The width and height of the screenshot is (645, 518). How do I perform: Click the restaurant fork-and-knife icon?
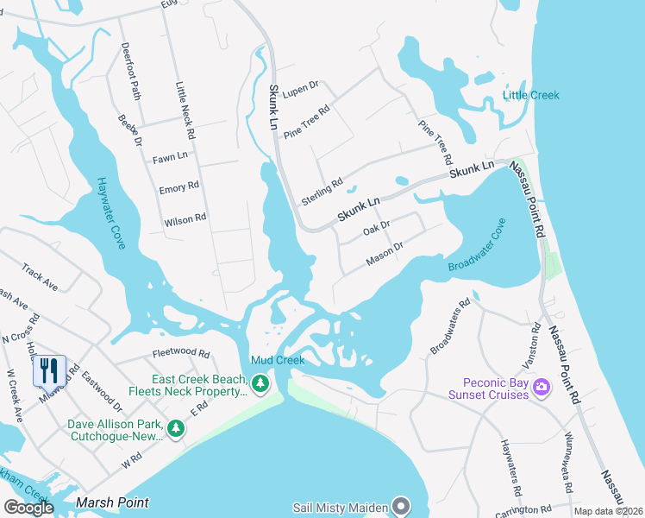(49, 371)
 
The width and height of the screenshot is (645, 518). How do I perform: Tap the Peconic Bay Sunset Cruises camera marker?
(542, 384)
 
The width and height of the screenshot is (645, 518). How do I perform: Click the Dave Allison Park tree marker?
(176, 428)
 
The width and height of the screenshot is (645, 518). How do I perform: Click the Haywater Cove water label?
(111, 212)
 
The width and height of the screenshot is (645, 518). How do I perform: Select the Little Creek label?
(531, 95)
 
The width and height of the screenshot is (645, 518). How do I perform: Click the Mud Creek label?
(278, 360)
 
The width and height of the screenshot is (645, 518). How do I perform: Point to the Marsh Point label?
(112, 502)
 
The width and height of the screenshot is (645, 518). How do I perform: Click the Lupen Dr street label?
(300, 87)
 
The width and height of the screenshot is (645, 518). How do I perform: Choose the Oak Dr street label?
(377, 228)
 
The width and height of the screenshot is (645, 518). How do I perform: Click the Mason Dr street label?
(385, 253)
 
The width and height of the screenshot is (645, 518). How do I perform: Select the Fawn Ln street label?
(170, 158)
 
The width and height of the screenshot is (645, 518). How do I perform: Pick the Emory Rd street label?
(179, 186)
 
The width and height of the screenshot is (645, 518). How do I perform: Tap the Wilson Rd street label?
(185, 220)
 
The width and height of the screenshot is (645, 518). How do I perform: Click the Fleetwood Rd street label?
(181, 353)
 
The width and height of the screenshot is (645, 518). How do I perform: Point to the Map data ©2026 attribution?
(608, 511)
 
